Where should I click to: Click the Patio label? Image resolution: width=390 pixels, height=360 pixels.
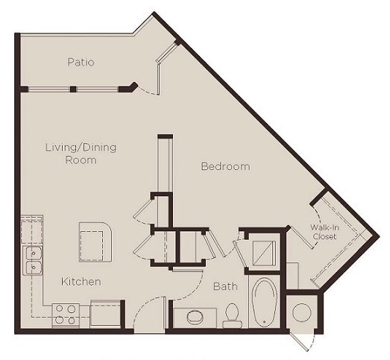click(81, 63)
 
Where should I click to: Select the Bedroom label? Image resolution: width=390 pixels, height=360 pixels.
click(225, 166)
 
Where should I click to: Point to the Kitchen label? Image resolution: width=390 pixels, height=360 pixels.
click(81, 282)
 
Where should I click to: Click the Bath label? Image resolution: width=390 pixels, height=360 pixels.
click(224, 285)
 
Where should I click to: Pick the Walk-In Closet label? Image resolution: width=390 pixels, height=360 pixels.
click(324, 231)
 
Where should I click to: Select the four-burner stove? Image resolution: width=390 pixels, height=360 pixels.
click(66, 315)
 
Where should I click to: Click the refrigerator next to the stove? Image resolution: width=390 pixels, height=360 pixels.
click(105, 314)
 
